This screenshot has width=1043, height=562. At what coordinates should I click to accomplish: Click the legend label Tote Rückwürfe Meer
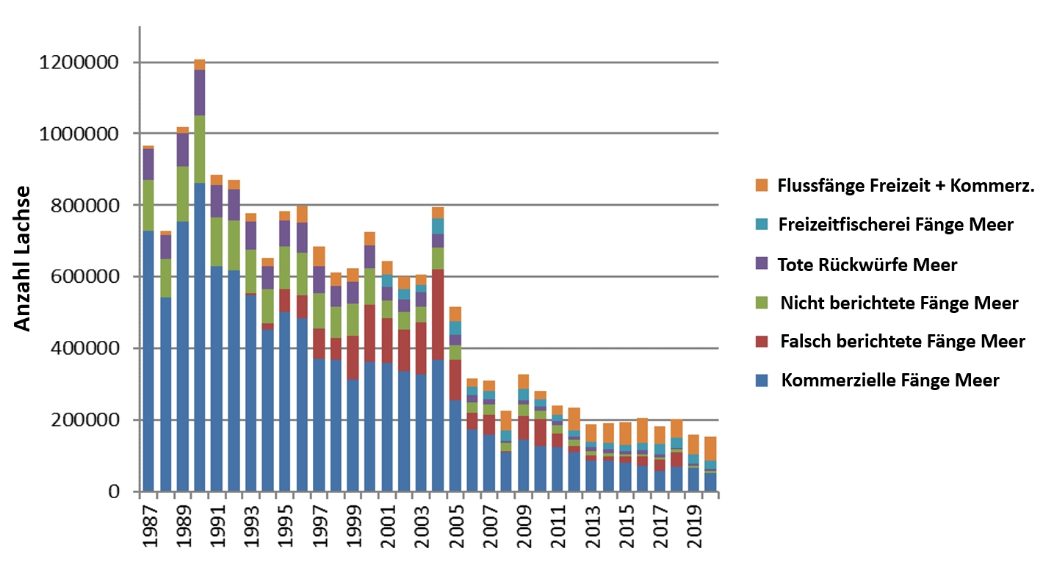867,264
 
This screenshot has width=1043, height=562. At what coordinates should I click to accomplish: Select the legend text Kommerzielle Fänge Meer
890,381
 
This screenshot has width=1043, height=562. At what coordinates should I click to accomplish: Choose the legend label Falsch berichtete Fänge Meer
902,342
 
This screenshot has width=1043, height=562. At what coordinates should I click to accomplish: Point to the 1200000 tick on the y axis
76,62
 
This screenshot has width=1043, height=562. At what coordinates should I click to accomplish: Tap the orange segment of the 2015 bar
625,433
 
